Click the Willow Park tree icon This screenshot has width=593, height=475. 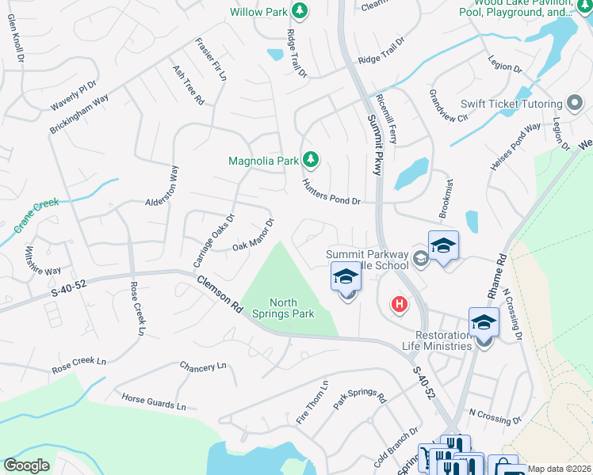[x=300, y=11]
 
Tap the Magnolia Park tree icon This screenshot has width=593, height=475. [x=311, y=161]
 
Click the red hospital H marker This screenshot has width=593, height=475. [x=400, y=304]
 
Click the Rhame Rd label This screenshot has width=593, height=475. [x=502, y=272]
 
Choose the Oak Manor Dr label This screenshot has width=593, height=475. [x=253, y=234]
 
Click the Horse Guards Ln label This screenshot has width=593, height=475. [x=154, y=401]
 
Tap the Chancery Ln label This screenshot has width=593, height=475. [x=203, y=367]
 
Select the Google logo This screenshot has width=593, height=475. [x=26, y=465]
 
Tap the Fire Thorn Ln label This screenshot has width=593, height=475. [x=312, y=404]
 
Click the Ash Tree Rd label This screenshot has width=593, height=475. [x=189, y=85]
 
